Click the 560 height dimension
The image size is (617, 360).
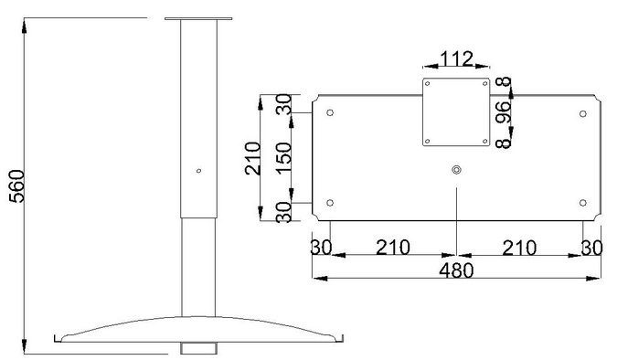[x=16, y=186]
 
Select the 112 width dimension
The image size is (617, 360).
[x=456, y=58]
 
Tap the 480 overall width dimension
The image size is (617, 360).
[x=456, y=270]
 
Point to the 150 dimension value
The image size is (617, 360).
[x=283, y=158]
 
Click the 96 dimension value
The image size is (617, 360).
[x=504, y=111]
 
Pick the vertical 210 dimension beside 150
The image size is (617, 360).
[x=252, y=158]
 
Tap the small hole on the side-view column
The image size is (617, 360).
[x=198, y=171]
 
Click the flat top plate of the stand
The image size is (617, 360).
[x=198, y=18]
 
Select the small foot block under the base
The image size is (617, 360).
[x=198, y=348]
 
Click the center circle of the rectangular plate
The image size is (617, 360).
[x=456, y=170]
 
